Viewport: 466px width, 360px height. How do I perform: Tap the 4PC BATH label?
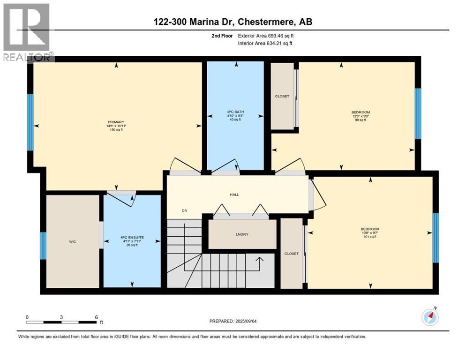pos(235,112)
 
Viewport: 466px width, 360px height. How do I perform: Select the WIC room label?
pos(72,241)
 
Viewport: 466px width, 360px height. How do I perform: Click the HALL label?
pos(234,195)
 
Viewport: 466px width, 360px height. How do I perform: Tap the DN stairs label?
pos(185,210)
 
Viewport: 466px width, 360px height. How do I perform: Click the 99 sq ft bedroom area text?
pos(361,120)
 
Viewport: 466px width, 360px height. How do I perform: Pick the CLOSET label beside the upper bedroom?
pos(282,96)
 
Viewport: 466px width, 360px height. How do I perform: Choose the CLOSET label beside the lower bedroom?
pos(291,254)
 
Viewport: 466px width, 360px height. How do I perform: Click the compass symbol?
pos(430,317)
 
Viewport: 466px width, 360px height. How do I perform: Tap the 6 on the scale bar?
pos(96,317)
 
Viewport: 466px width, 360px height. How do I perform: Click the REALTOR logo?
pos(27,32)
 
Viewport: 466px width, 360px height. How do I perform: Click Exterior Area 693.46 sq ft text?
pos(266,36)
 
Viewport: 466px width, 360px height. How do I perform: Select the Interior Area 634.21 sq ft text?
pos(265,44)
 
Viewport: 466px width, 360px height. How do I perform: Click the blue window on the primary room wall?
pos(30,122)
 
